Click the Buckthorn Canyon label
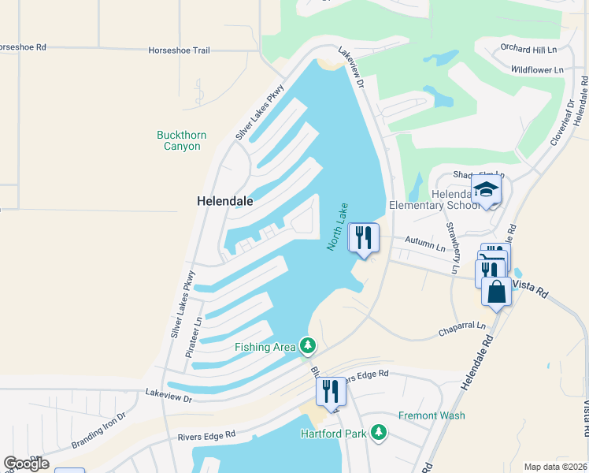pyautogui.click(x=181, y=140)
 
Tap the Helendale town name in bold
pyautogui.click(x=224, y=201)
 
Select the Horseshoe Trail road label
pyautogui.click(x=179, y=50)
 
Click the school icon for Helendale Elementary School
pyautogui.click(x=486, y=190)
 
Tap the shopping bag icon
pyautogui.click(x=497, y=291)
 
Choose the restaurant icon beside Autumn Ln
pyautogui.click(x=363, y=237)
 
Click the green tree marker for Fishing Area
pyautogui.click(x=307, y=346)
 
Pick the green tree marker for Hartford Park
pyautogui.click(x=379, y=433)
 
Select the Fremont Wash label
pyautogui.click(x=432, y=415)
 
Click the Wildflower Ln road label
pyautogui.click(x=536, y=69)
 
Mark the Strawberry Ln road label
pyautogui.click(x=452, y=248)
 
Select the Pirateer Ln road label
pyautogui.click(x=194, y=336)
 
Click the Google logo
pyautogui.click(x=26, y=464)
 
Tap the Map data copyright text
pyautogui.click(x=554, y=467)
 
